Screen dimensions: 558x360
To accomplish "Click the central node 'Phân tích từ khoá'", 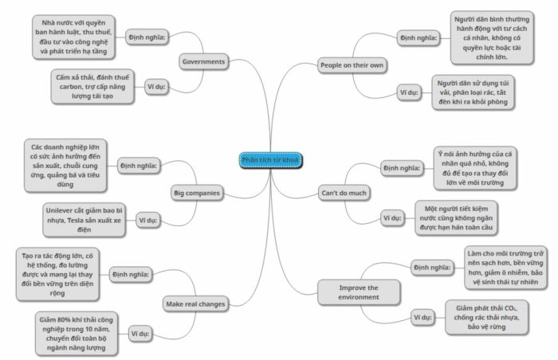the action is coord(270,160).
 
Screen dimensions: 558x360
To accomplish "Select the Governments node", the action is coord(203,61).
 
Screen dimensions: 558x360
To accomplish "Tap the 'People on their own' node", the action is coord(352,65).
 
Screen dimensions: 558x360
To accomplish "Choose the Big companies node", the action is coord(197,194).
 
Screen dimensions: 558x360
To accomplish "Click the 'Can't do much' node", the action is coord(344,194).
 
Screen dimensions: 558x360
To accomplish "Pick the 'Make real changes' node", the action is coord(195,304).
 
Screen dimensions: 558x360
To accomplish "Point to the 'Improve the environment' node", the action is coord(359,292).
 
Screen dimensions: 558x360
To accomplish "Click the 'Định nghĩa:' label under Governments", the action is coord(147,37).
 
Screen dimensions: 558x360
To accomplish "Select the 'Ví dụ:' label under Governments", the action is coord(156,87).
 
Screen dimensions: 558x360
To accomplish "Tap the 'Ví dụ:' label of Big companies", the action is coord(148,220).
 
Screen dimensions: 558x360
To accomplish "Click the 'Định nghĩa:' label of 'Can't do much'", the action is coord(402,168).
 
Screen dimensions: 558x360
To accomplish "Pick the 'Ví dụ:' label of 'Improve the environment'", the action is coord(422,317).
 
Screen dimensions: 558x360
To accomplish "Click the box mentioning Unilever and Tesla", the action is coord(84,220).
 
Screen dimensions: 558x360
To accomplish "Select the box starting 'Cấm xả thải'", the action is coord(92,87).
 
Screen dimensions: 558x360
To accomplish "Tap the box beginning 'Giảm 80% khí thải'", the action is coord(77,334).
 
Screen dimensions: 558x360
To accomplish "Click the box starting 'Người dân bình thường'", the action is coord(492,38).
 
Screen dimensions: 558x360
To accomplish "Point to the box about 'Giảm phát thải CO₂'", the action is coord(486,317).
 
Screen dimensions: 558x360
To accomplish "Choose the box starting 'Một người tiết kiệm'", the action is coord(456,218).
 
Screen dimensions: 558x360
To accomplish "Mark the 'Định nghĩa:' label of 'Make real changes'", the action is coord(131,275).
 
